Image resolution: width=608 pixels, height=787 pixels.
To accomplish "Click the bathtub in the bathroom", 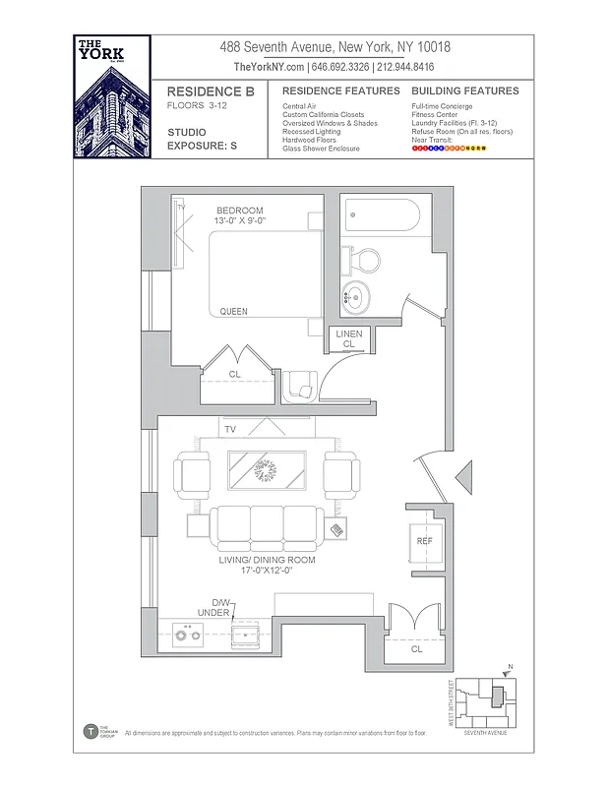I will (x=383, y=215).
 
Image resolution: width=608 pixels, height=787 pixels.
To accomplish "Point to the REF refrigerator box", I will (x=424, y=541).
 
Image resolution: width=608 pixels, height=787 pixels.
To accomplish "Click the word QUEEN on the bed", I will (x=233, y=312).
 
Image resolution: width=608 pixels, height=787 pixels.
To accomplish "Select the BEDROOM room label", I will (x=240, y=211).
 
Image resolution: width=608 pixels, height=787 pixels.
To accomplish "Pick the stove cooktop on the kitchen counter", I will (x=186, y=636).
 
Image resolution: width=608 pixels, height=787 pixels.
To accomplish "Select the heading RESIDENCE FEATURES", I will (x=327, y=91).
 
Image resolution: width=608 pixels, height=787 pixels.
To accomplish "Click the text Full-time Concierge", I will (x=442, y=106).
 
